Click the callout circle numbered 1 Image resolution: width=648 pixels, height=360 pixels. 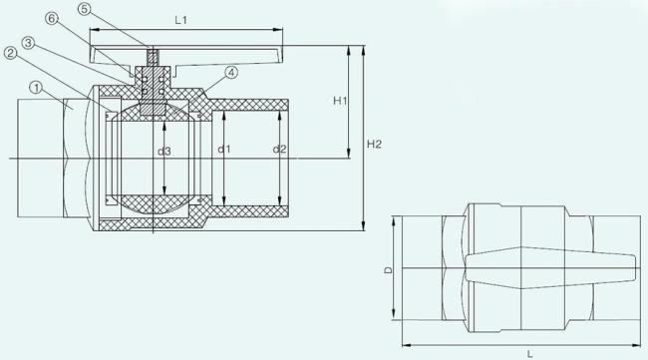point(37,88)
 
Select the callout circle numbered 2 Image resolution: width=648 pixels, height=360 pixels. point(11,53)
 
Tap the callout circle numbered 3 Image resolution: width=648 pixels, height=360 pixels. point(28,43)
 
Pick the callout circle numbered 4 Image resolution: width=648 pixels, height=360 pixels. point(231,73)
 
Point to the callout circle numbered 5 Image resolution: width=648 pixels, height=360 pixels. point(84,9)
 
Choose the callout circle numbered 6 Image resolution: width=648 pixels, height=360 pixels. point(52,18)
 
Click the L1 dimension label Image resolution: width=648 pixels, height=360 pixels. point(180,20)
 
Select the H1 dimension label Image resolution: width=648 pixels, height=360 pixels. point(340,101)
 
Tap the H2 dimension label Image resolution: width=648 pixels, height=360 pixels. point(375,144)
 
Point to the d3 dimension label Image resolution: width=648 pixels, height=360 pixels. point(164,152)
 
